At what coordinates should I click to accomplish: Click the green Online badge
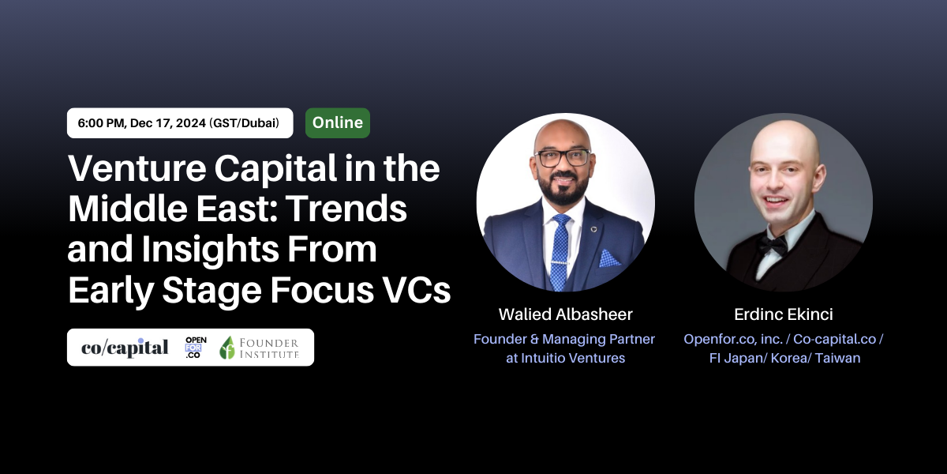(x=338, y=122)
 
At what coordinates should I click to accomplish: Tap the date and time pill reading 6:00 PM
(x=180, y=122)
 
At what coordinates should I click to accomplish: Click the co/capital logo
(x=125, y=348)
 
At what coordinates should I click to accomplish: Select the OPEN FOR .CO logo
(x=196, y=348)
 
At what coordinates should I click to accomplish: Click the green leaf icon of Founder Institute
(x=227, y=348)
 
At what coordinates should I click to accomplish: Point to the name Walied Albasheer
(x=565, y=314)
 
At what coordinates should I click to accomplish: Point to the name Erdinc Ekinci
(x=784, y=314)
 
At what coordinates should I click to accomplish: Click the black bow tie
(x=773, y=245)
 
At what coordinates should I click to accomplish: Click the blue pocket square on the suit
(x=609, y=258)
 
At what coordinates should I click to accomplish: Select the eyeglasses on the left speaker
(x=562, y=158)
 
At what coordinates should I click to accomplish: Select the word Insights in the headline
(x=210, y=249)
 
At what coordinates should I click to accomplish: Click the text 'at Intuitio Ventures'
(x=565, y=358)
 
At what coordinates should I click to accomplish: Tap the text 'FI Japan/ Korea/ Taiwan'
(x=784, y=358)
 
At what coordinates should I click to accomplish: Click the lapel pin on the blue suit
(x=593, y=229)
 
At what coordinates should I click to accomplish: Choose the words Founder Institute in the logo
(x=269, y=348)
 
